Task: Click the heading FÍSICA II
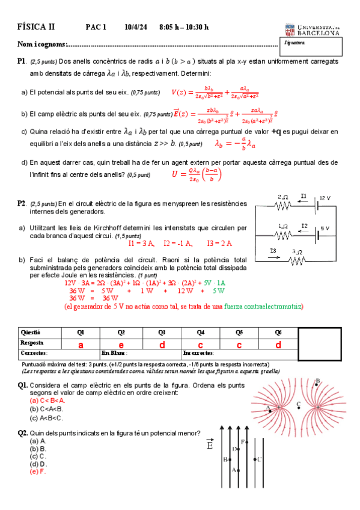[x=35, y=27]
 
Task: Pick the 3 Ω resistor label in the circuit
[x=296, y=251]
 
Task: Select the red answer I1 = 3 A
[x=141, y=244]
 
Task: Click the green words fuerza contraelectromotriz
[x=263, y=307]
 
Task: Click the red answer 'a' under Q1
[x=80, y=345]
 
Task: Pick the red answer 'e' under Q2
[x=121, y=345]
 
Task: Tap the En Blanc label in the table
[x=114, y=353]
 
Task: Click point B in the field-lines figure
[x=317, y=380]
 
